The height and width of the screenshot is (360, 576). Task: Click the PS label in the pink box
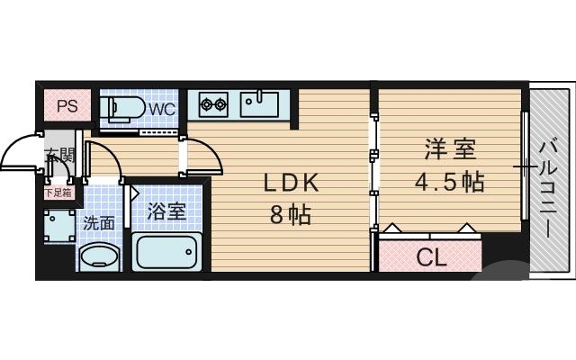[67, 106]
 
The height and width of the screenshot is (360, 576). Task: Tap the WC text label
[162, 109]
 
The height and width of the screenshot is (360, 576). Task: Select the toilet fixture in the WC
[123, 108]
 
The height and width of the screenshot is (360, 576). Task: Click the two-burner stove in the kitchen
[213, 103]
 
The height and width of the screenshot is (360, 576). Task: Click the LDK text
[290, 183]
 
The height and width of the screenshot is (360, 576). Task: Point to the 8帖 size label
[290, 216]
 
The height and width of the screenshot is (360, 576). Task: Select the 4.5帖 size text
[449, 182]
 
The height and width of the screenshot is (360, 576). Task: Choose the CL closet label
[431, 257]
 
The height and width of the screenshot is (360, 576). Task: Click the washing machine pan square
[58, 225]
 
